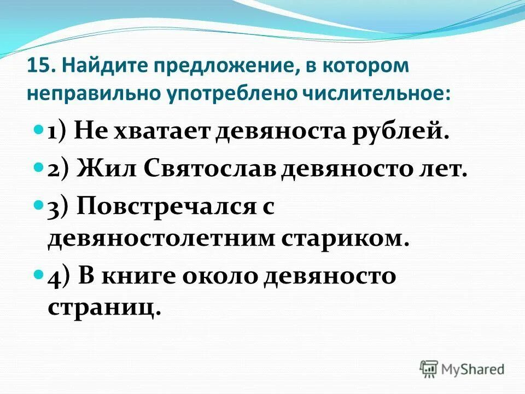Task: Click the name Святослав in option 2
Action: coord(210,170)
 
